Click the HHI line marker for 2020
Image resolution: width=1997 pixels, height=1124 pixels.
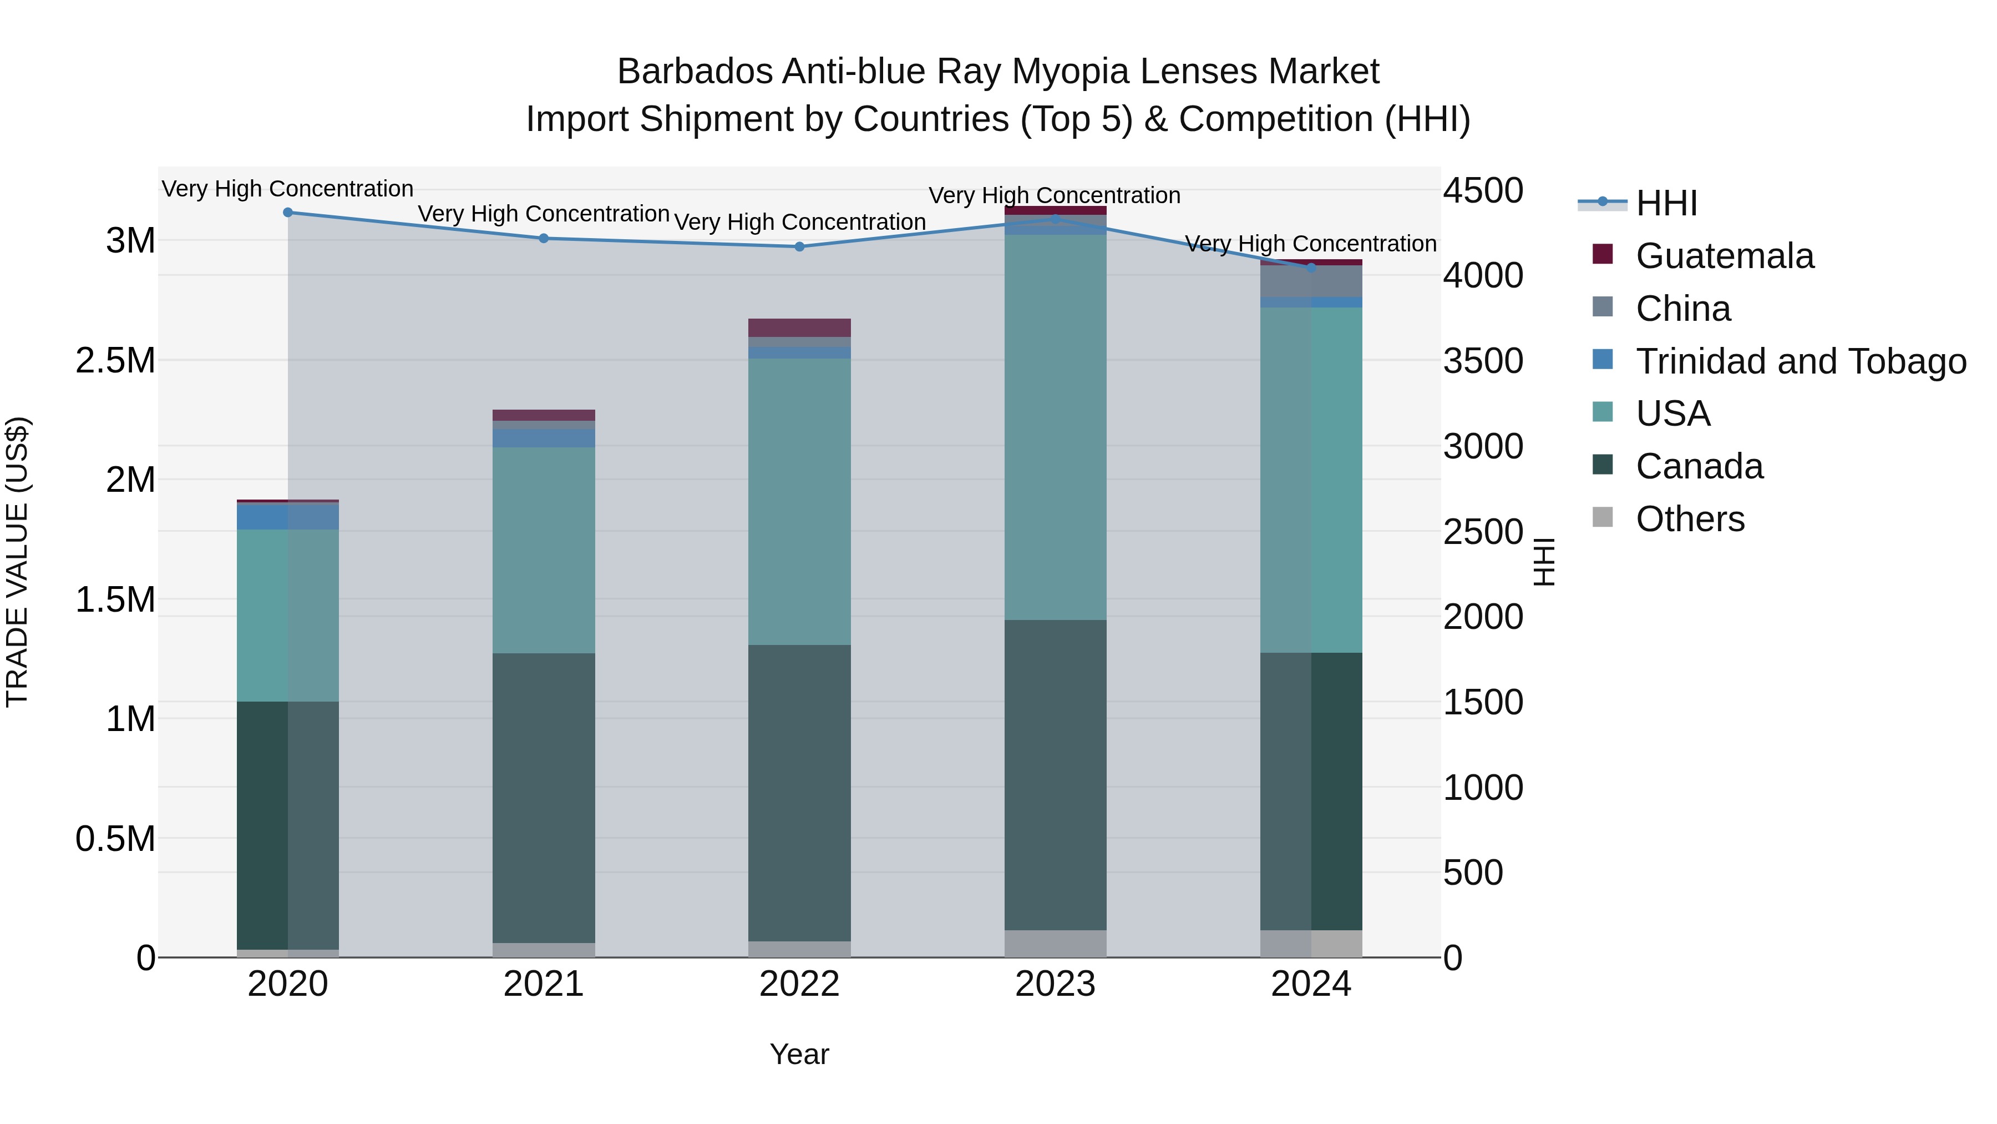pos(287,213)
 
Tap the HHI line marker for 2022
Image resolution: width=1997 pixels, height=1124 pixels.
pos(799,246)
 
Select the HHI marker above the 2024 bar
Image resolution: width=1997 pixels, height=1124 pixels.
pos(1311,268)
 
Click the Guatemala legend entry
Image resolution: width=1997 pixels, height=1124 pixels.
pos(1724,256)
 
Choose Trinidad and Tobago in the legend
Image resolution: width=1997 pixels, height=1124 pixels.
pos(1800,361)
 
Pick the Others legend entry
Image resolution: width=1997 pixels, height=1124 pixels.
pos(1690,519)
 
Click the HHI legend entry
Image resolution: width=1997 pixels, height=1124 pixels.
pos(1667,203)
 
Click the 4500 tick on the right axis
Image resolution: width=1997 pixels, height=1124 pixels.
pos(1483,191)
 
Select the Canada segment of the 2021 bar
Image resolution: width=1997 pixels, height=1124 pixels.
pos(544,798)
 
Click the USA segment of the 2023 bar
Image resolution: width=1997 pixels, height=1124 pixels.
pos(1055,427)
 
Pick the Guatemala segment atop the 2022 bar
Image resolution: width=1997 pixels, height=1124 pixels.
pos(799,327)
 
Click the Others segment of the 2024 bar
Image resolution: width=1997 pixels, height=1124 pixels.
pos(1311,943)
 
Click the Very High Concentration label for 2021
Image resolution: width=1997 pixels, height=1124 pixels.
pos(544,214)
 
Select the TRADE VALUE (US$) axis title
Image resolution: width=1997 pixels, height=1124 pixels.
pos(17,562)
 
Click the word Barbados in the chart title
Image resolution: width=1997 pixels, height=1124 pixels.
pos(695,72)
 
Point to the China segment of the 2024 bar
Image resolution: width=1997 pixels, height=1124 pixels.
pos(1311,281)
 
